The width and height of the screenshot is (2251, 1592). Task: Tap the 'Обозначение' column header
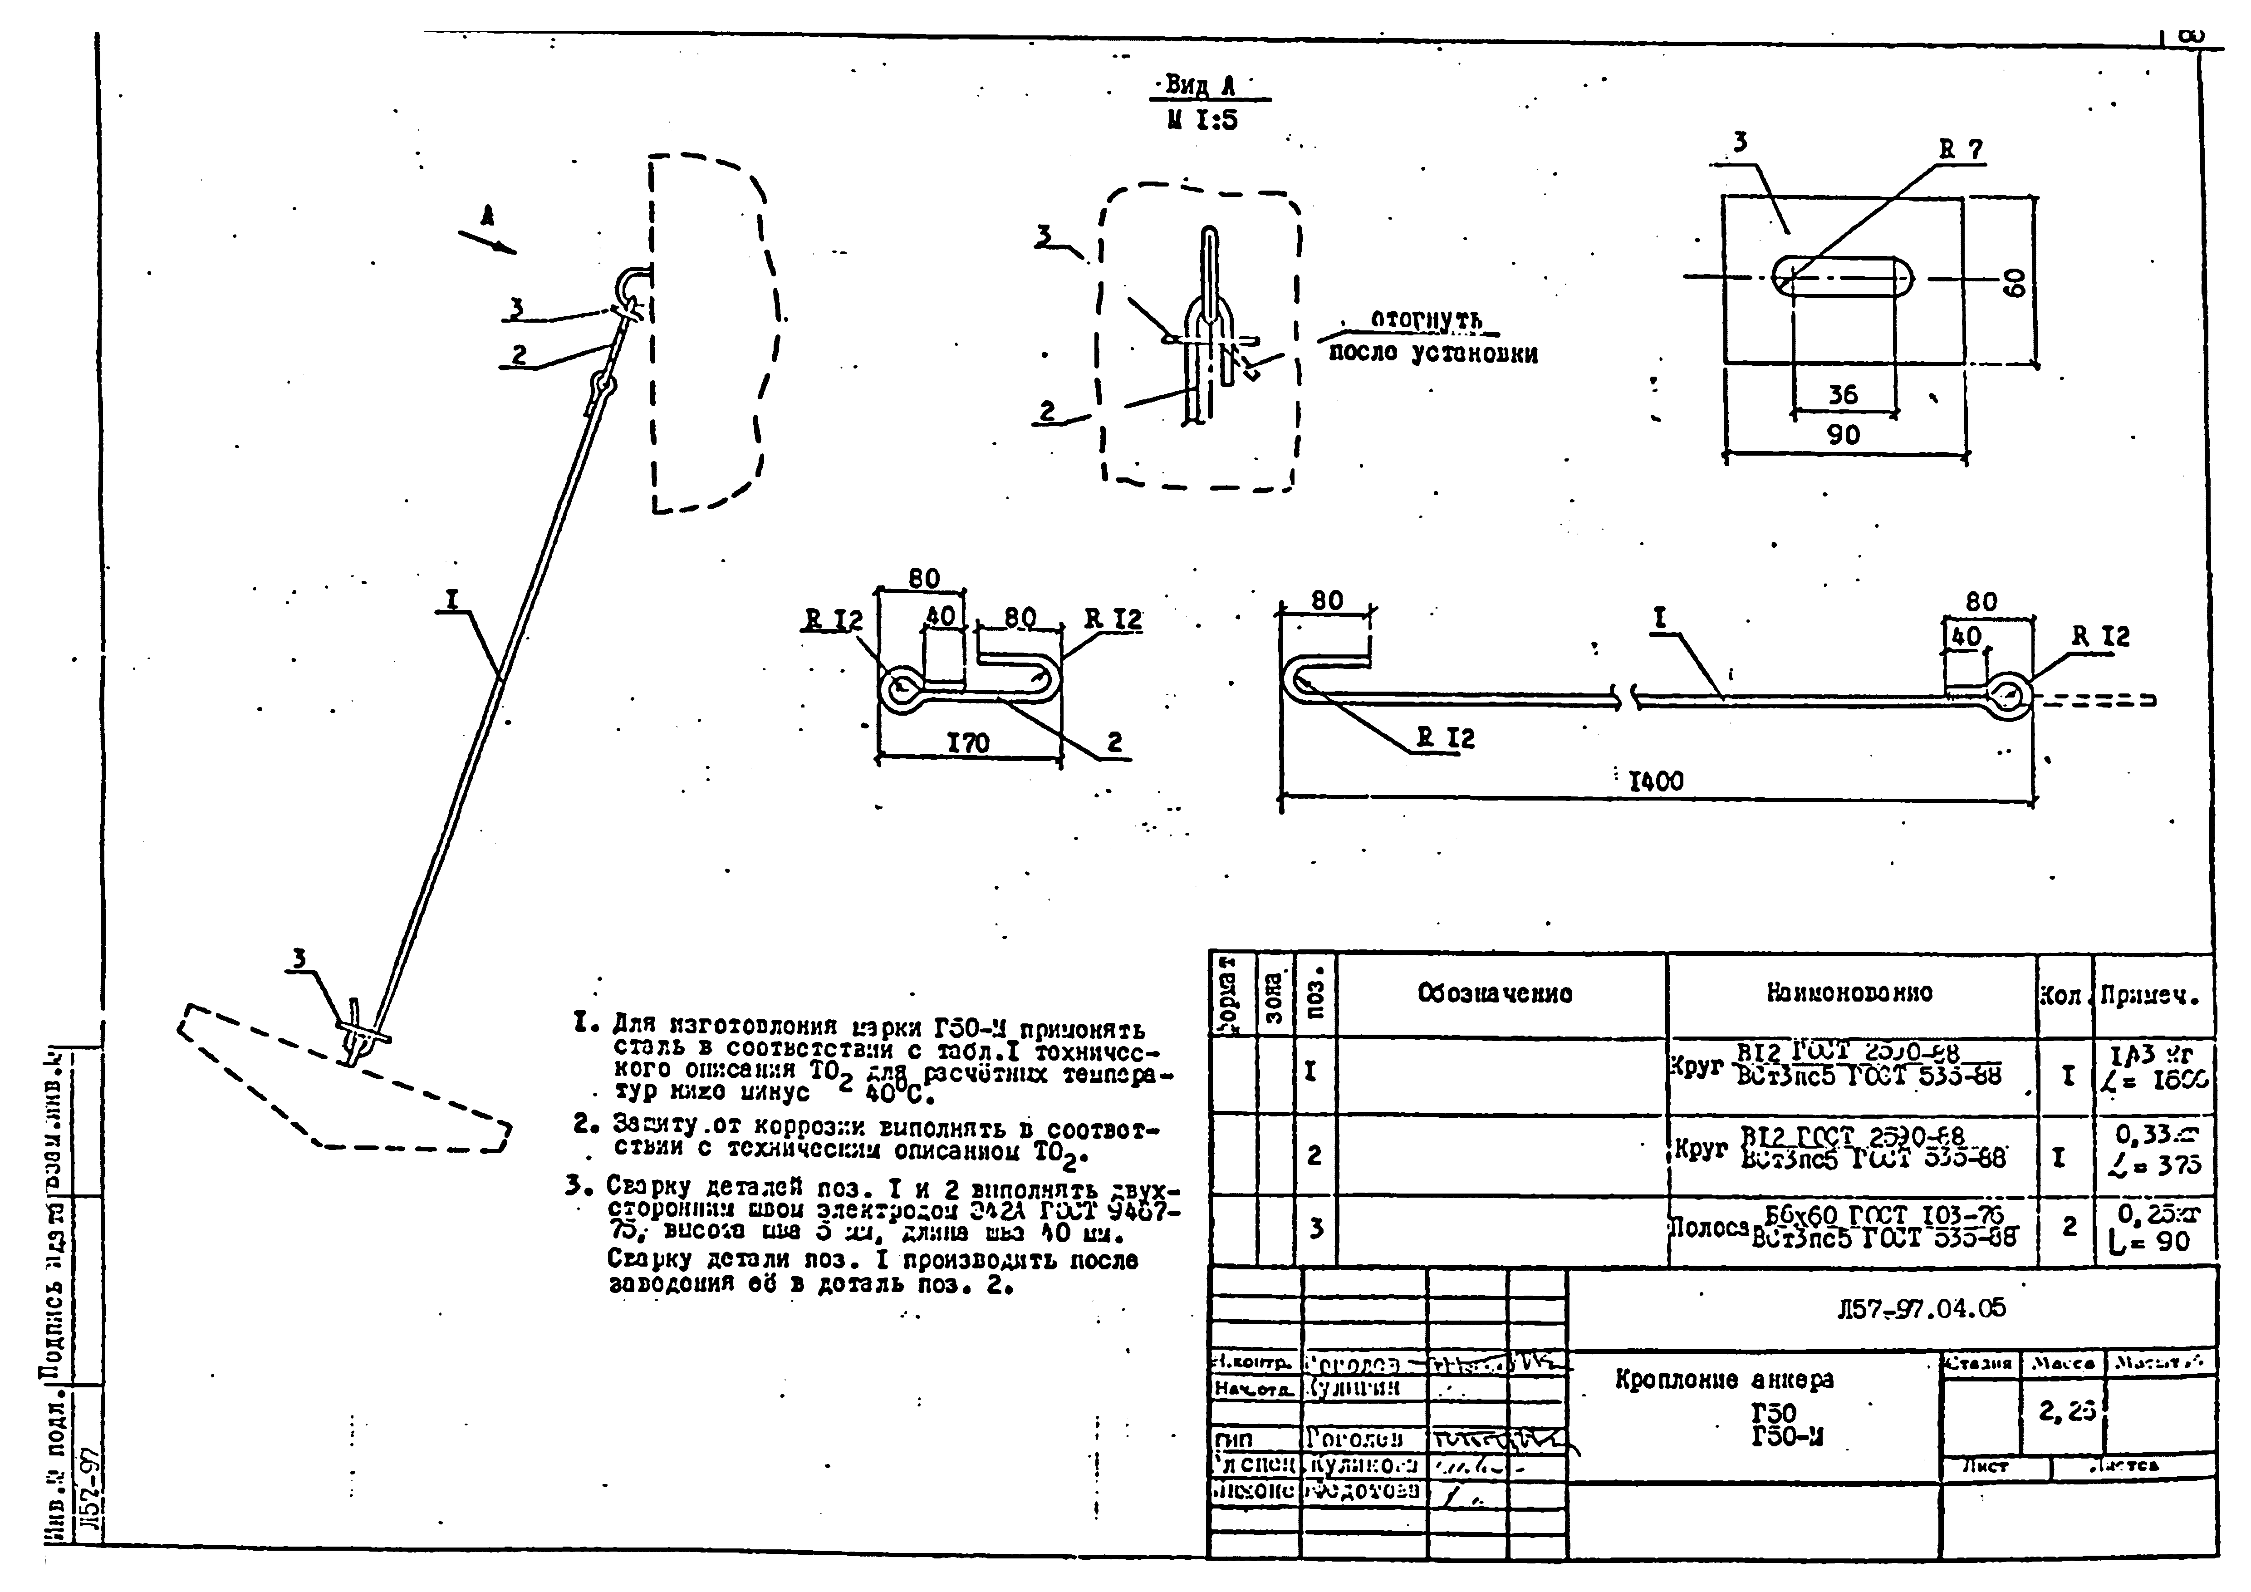click(x=1495, y=993)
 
